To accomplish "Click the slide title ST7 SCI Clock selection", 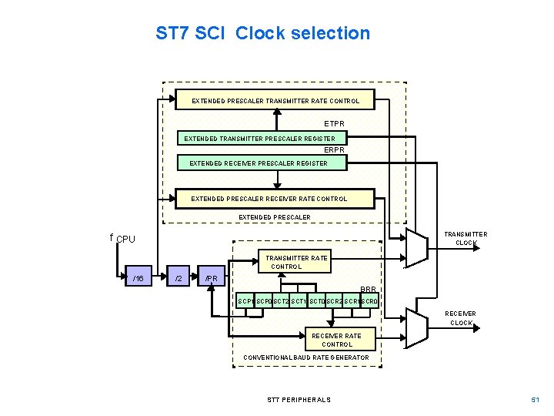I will pyautogui.click(x=262, y=34).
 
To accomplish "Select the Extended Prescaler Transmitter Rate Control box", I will pyautogui.click(x=275, y=101).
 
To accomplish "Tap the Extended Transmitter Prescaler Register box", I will pyautogui.click(x=263, y=139).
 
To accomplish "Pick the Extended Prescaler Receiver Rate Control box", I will pyautogui.click(x=269, y=199).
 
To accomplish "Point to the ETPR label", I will pyautogui.click(x=334, y=123).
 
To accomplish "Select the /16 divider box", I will pyautogui.click(x=138, y=278).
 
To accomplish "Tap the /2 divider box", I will pyautogui.click(x=179, y=278).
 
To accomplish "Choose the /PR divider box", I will pyautogui.click(x=212, y=278).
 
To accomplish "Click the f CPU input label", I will pyautogui.click(x=122, y=239).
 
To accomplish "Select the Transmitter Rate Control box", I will pyautogui.click(x=296, y=262).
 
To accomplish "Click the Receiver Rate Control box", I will pyautogui.click(x=337, y=340).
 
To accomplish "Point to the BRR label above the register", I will pyautogui.click(x=369, y=289).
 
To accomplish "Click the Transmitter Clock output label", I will pyautogui.click(x=466, y=238).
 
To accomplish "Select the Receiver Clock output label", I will pyautogui.click(x=461, y=318).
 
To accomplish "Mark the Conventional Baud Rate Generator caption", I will pyautogui.click(x=305, y=358).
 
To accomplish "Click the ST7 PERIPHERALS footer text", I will pyautogui.click(x=299, y=400).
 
